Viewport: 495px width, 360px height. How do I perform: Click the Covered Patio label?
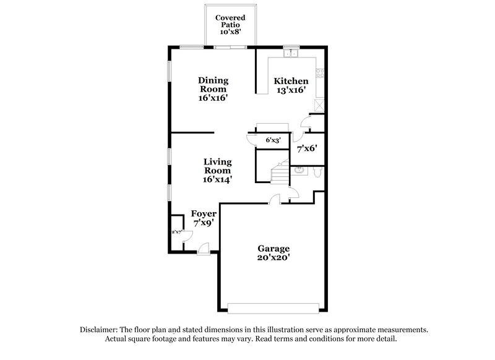[230, 22]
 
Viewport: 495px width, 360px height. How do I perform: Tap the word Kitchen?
[291, 81]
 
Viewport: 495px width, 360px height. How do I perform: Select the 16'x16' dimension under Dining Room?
[213, 98]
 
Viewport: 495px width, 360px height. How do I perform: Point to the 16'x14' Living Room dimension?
[217, 179]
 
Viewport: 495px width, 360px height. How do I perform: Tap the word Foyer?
[203, 214]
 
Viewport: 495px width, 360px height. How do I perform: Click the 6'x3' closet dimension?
[273, 140]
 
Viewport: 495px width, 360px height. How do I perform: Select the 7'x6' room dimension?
[307, 149]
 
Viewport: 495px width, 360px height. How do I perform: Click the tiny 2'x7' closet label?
[176, 232]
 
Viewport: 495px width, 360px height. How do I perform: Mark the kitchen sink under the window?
[290, 54]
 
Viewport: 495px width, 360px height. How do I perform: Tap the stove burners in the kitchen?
[320, 73]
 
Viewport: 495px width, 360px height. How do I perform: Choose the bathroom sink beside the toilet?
[298, 170]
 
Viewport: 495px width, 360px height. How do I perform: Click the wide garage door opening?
[274, 307]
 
